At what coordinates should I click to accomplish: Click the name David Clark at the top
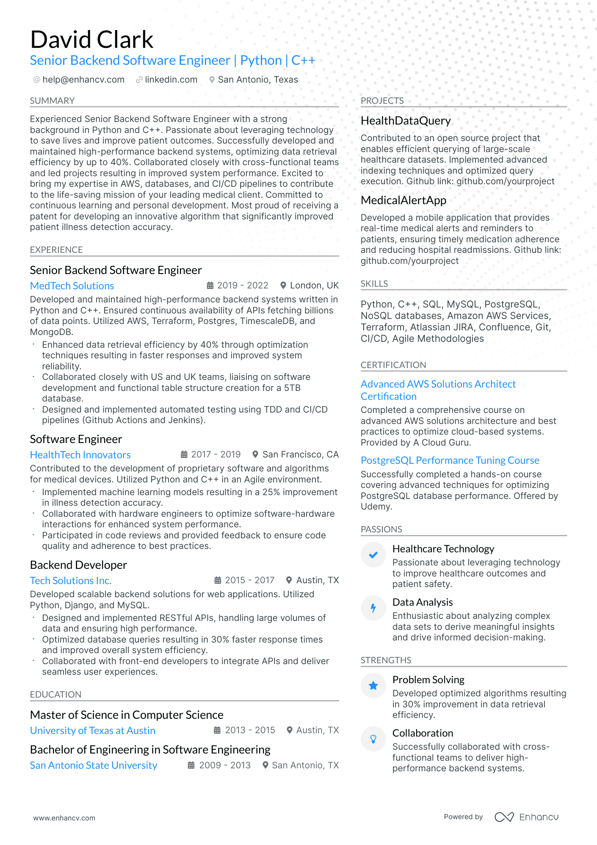[91, 40]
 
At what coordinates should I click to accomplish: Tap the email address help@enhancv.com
[83, 80]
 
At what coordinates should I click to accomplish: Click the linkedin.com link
[171, 80]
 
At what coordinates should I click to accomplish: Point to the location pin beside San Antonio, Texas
[212, 80]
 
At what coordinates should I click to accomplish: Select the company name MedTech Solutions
[72, 286]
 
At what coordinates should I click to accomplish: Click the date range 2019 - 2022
[243, 285]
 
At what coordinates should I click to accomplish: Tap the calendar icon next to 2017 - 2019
[184, 454]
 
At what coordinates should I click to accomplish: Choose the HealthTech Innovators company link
[80, 455]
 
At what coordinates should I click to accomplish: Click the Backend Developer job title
[78, 565]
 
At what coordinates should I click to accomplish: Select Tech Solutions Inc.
[71, 581]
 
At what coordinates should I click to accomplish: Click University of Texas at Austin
[92, 731]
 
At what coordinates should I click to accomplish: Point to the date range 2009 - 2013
[225, 765]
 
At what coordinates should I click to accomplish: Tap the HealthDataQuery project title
[406, 121]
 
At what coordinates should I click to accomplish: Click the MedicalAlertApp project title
[404, 200]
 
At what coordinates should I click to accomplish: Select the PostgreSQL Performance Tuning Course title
[450, 460]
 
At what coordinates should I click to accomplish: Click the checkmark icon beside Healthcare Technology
[373, 555]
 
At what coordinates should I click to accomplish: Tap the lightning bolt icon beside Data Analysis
[373, 608]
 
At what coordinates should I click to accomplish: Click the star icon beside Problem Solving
[373, 686]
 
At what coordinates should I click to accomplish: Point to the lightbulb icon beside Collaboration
[373, 739]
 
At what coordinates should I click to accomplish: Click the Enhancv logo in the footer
[527, 817]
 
